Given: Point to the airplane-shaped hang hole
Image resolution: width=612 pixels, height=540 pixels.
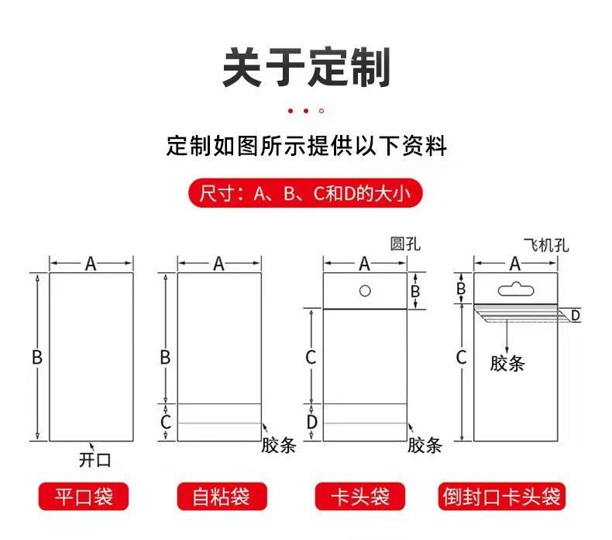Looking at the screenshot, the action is [514, 290].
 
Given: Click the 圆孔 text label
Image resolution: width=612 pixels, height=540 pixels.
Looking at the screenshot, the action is [405, 244].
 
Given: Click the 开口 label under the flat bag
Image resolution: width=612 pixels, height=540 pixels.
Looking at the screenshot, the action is [95, 459].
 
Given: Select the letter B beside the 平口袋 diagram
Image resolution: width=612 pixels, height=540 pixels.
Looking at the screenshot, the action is [36, 358].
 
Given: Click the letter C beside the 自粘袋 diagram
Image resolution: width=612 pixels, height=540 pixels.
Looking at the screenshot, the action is [165, 422].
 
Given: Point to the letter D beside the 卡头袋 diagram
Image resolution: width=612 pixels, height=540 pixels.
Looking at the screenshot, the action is [311, 422].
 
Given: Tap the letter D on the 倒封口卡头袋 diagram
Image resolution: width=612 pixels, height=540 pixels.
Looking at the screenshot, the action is [575, 315].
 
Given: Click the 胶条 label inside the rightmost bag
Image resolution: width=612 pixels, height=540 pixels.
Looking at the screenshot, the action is [507, 363].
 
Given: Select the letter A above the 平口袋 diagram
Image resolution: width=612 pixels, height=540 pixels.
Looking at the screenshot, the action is [91, 264].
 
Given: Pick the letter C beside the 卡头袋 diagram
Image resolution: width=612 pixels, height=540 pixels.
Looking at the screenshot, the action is [311, 358].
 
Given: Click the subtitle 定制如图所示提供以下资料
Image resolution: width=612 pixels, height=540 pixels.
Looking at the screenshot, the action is [306, 146].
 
